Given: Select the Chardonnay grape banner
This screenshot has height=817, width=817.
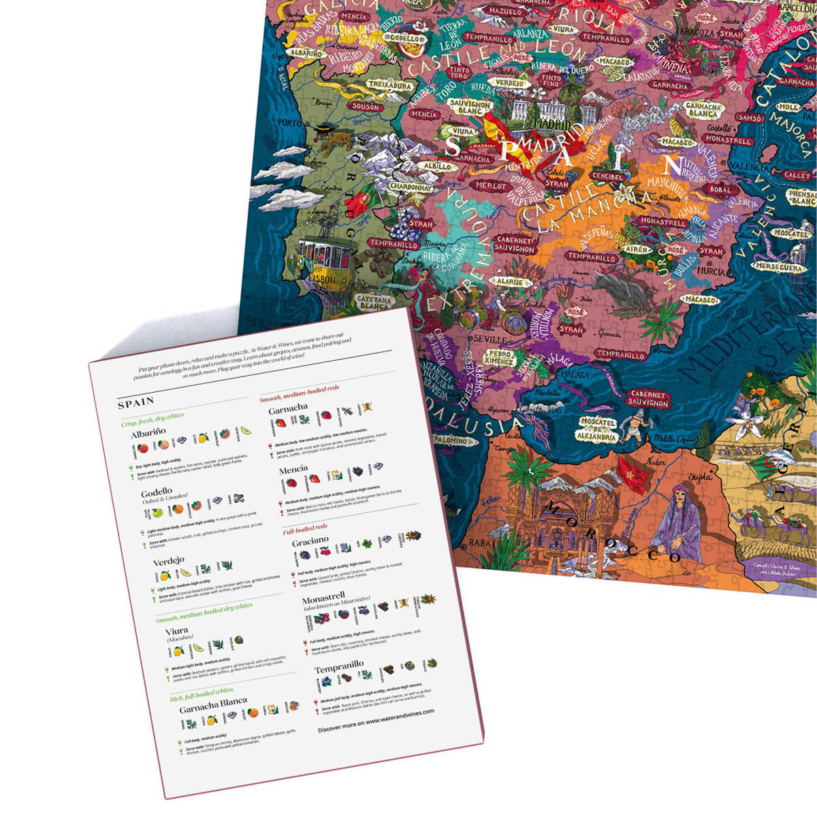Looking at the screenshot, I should click(411, 187).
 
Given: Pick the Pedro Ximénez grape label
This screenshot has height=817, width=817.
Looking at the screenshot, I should click(500, 358).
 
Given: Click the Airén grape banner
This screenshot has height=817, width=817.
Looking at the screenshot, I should click(636, 251).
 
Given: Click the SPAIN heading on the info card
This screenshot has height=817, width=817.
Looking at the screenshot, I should click(136, 403).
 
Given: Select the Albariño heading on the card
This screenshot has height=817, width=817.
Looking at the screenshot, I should click(148, 434).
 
